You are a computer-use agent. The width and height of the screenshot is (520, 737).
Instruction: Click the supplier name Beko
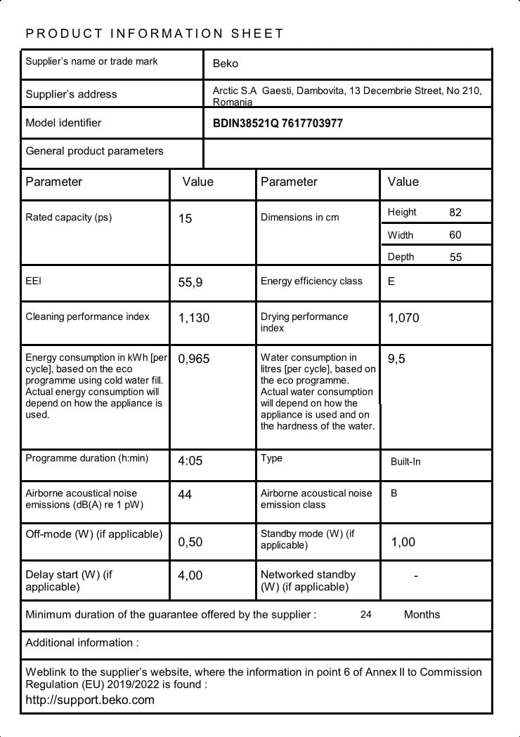coord(226,64)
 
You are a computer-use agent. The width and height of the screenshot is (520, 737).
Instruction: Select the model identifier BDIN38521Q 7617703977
coord(278,124)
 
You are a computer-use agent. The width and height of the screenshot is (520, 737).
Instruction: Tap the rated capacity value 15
coord(185,219)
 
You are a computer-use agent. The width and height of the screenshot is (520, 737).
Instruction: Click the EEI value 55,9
coord(190,283)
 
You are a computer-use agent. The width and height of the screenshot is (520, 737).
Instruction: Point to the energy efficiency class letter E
coord(391,281)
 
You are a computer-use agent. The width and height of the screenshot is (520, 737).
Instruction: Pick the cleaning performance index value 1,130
coord(194,318)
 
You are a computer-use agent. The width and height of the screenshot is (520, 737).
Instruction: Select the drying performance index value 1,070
coord(403,318)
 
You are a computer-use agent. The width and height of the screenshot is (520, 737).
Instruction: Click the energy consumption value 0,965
coord(194,359)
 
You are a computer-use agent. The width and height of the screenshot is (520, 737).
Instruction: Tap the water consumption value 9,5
coord(396,359)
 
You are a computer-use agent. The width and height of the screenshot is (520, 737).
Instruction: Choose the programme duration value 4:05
coord(190,461)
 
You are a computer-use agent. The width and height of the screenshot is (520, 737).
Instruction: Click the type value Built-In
coord(405,462)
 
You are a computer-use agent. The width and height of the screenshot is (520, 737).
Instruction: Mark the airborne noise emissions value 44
coord(185,495)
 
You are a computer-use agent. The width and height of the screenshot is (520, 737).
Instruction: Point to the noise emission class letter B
coord(394,493)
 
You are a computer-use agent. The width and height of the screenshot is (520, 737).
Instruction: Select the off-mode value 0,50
coord(190,542)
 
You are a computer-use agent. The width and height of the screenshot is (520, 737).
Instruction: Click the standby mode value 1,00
coord(403,542)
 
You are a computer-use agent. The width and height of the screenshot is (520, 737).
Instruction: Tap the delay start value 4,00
coord(190,576)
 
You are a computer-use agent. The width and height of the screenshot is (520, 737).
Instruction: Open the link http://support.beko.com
coord(90,700)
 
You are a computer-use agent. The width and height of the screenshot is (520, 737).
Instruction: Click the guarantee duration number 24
coord(366,615)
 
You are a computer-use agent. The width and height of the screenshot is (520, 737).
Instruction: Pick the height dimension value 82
coord(455,212)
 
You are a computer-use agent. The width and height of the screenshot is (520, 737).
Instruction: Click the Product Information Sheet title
coord(155,33)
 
